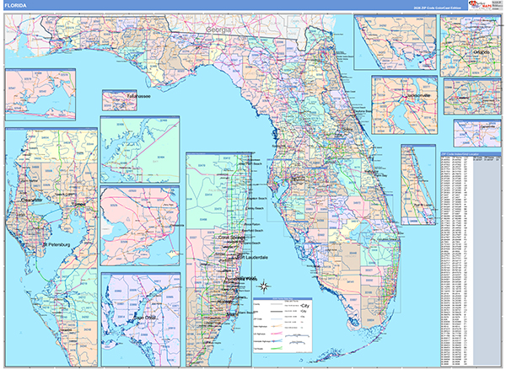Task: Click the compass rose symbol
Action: (264, 286)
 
